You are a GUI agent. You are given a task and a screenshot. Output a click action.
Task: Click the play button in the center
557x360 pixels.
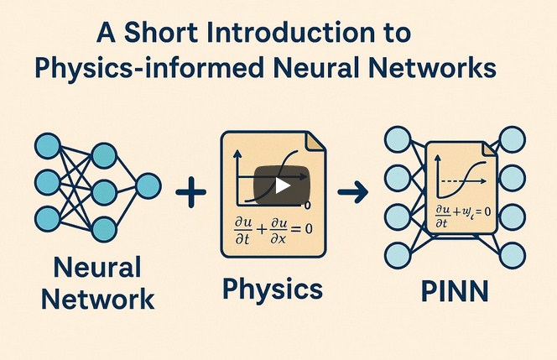click(283, 185)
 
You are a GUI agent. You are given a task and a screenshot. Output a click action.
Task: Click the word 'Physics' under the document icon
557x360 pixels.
click(273, 290)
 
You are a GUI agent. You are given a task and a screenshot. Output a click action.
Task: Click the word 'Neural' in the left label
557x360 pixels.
click(96, 269)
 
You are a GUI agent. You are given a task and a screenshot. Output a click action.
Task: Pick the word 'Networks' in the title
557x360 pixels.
click(435, 66)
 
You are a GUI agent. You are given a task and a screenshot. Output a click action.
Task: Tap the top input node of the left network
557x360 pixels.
click(47, 145)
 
